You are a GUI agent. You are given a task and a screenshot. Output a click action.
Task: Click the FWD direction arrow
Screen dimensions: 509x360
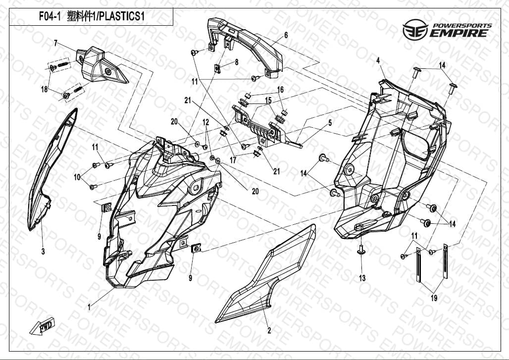click(x=42, y=327)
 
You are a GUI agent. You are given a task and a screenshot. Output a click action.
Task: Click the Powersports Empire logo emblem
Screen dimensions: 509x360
click(x=415, y=30)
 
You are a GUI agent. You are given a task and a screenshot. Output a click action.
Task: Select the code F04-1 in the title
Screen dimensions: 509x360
click(x=50, y=16)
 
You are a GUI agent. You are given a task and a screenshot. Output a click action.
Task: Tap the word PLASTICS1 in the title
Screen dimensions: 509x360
click(x=121, y=16)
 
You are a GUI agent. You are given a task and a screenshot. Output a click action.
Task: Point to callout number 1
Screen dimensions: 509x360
click(x=89, y=307)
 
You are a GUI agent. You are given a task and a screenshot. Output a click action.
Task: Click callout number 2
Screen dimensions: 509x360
click(x=269, y=330)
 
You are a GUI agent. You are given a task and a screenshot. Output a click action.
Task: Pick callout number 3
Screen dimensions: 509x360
click(x=43, y=251)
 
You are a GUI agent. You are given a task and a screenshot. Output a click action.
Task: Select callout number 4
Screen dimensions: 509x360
click(x=378, y=60)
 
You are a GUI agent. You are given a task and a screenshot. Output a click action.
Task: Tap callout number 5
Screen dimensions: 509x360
click(x=330, y=123)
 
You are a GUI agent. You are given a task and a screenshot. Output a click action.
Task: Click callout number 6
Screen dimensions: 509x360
click(x=286, y=35)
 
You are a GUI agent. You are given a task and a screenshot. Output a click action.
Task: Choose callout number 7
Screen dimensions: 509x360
click(x=55, y=43)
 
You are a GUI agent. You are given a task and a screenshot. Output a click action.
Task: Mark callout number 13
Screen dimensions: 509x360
click(x=362, y=278)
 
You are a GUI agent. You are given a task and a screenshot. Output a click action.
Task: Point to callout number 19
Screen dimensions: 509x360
click(x=434, y=298)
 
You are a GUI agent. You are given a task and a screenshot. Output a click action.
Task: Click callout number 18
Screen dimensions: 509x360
click(x=45, y=89)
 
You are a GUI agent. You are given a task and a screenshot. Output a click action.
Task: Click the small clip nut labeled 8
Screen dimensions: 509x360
click(x=218, y=69)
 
